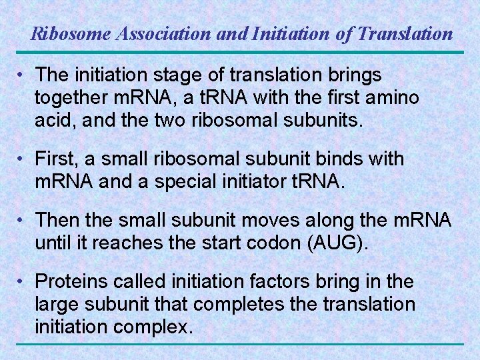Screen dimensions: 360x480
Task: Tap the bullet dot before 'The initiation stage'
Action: [x=23, y=74]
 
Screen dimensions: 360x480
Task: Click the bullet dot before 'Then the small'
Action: [x=23, y=220]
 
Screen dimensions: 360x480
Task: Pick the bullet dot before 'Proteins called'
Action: [x=23, y=282]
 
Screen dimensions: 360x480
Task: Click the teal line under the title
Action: [x=240, y=53]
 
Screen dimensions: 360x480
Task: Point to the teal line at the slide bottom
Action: [x=240, y=344]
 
